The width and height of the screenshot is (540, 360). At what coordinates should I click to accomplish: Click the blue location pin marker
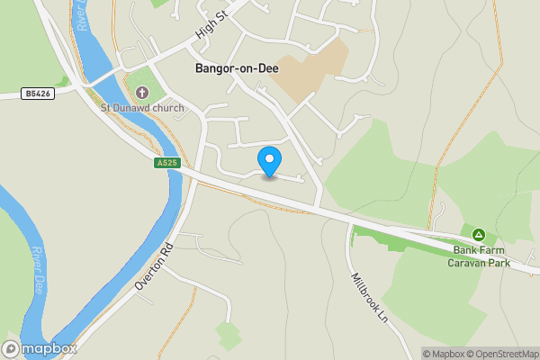[269, 161]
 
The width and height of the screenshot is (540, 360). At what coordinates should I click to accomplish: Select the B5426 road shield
[35, 93]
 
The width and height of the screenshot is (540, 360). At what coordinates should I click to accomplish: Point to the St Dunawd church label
[142, 108]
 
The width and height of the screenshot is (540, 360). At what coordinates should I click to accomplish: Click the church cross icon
[141, 91]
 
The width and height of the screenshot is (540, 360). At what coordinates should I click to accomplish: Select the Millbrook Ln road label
[368, 298]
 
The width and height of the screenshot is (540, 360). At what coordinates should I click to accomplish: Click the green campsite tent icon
[480, 235]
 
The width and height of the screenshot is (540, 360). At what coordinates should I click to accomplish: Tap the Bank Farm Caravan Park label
[481, 256]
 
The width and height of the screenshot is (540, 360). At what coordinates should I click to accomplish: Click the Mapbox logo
[40, 348]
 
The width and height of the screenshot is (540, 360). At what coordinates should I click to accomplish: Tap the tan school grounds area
[309, 70]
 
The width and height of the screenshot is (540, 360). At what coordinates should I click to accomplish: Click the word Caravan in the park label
[468, 263]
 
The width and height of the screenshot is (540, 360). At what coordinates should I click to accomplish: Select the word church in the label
[168, 108]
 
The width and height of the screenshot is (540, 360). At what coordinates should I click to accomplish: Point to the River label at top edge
[83, 16]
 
